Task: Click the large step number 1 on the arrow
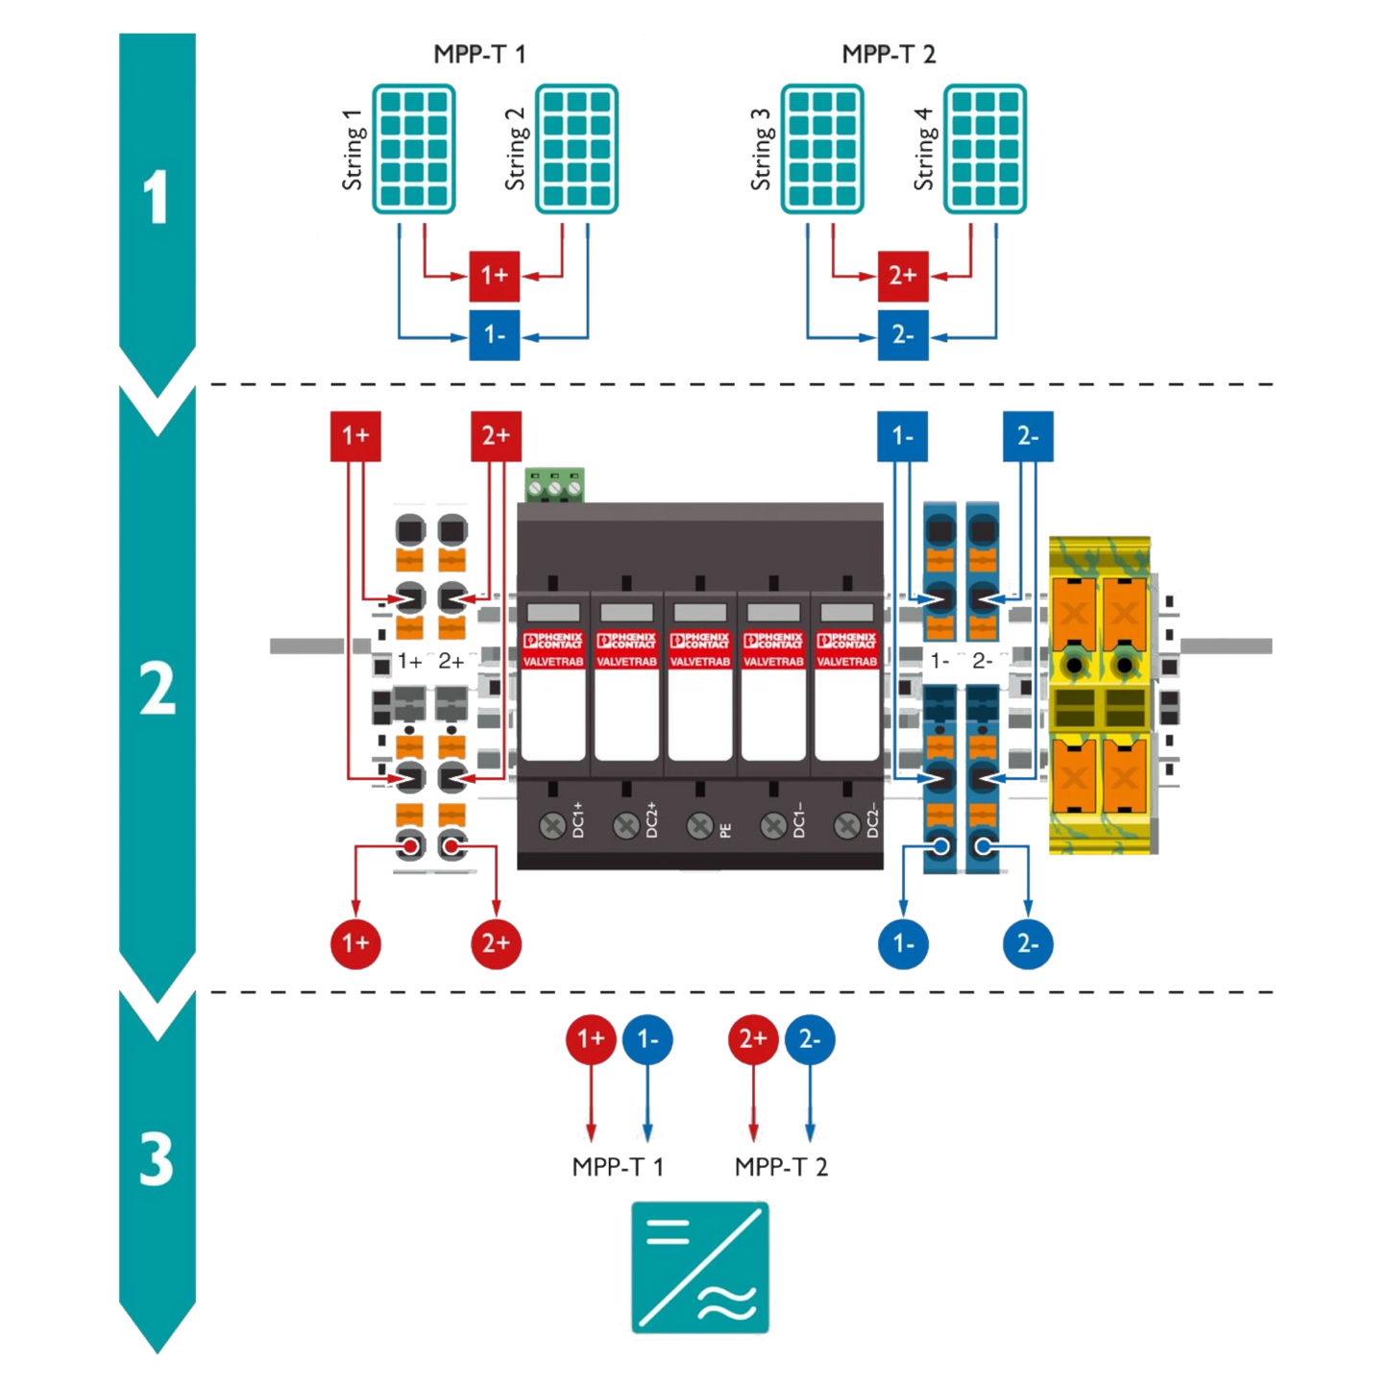pyautogui.click(x=156, y=198)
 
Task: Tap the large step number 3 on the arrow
pyautogui.click(x=156, y=1160)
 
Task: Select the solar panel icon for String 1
pyautogui.click(x=414, y=147)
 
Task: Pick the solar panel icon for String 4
pyautogui.click(x=985, y=147)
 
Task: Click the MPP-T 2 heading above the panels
pyautogui.click(x=889, y=55)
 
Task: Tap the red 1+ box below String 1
pyautogui.click(x=494, y=276)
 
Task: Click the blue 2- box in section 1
pyautogui.click(x=902, y=335)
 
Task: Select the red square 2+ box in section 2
pyautogui.click(x=496, y=436)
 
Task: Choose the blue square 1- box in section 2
pyautogui.click(x=902, y=436)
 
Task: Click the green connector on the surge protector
pyautogui.click(x=554, y=484)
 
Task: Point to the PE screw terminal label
pyautogui.click(x=725, y=826)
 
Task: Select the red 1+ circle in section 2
pyautogui.click(x=355, y=943)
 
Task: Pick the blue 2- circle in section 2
pyautogui.click(x=1027, y=943)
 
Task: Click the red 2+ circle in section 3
pyautogui.click(x=753, y=1038)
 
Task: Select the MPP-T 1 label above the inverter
pyautogui.click(x=618, y=1167)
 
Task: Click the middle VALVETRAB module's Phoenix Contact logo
pyautogui.click(x=700, y=642)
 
